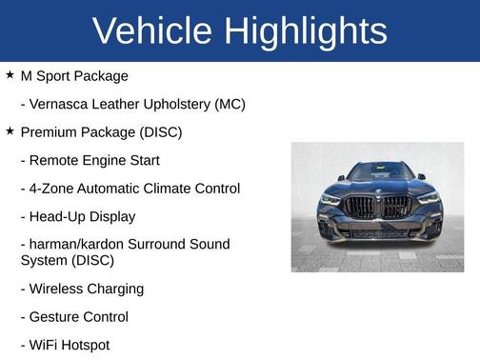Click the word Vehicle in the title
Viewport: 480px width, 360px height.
(x=152, y=31)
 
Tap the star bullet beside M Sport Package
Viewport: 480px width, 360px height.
(x=10, y=74)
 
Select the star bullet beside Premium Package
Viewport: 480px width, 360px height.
(x=10, y=130)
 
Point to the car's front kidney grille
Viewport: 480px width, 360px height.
(x=378, y=207)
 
